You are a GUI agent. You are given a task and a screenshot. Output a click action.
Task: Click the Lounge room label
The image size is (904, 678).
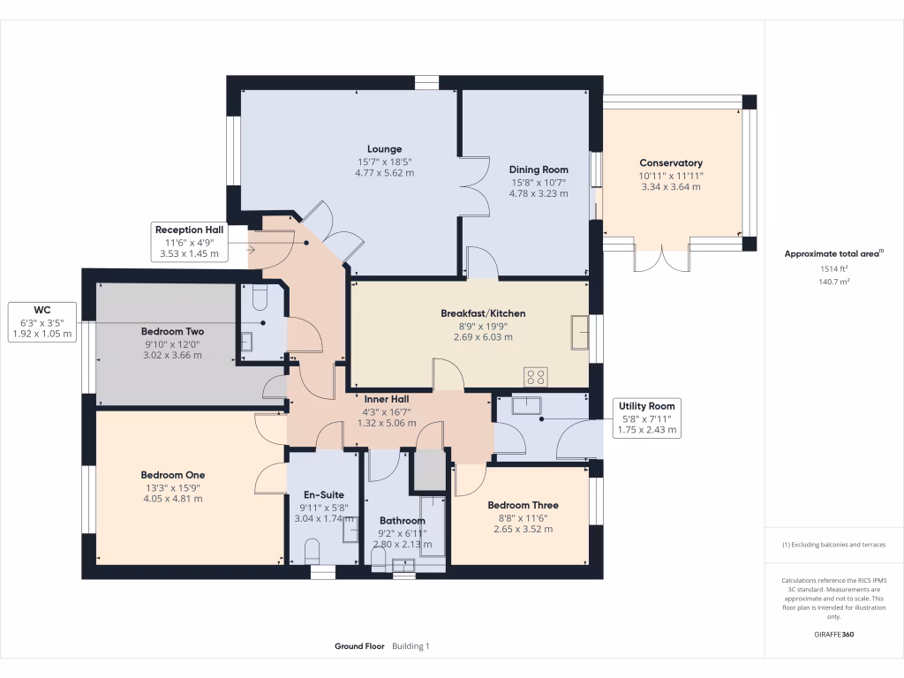(385, 149)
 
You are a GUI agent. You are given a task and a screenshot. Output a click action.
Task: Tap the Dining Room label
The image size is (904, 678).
(539, 169)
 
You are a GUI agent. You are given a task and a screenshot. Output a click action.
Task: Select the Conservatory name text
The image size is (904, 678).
(671, 163)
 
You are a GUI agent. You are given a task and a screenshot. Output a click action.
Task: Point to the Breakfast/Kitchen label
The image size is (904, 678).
(483, 313)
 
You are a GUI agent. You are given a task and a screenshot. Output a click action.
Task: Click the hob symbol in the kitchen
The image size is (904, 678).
(535, 377)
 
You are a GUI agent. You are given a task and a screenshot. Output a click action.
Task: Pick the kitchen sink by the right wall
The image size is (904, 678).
(579, 332)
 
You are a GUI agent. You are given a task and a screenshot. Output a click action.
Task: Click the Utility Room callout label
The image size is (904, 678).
(648, 406)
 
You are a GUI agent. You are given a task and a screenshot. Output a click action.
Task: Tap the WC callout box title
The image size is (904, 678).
(41, 310)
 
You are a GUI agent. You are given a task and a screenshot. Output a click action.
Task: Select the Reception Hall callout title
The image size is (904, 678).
(189, 230)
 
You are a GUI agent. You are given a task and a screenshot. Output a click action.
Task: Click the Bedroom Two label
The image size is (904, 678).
(172, 332)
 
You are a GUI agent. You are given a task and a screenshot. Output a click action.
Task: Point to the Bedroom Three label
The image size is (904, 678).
(523, 506)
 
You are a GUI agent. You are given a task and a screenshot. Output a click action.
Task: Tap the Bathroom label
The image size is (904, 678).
(402, 521)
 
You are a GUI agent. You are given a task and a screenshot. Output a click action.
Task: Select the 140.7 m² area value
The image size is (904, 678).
(821, 282)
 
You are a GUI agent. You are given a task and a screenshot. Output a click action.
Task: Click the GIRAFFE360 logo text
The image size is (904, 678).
(834, 634)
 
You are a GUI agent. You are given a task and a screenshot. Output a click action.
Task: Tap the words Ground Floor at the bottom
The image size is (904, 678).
(359, 646)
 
